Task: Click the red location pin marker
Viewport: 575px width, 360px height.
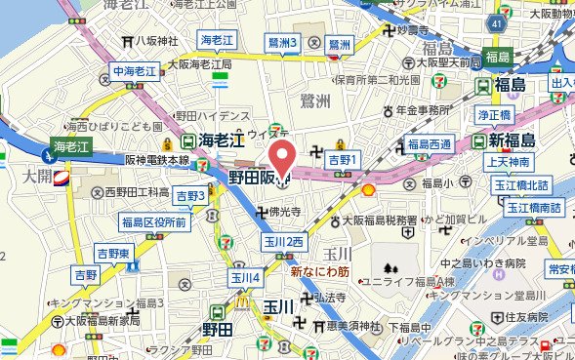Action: [x=282, y=159]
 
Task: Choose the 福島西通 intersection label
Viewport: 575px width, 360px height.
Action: [x=430, y=144]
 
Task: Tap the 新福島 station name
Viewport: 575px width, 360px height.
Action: [x=516, y=140]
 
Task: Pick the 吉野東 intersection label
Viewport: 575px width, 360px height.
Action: [x=114, y=253]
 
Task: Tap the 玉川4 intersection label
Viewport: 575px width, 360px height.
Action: [x=245, y=278]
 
